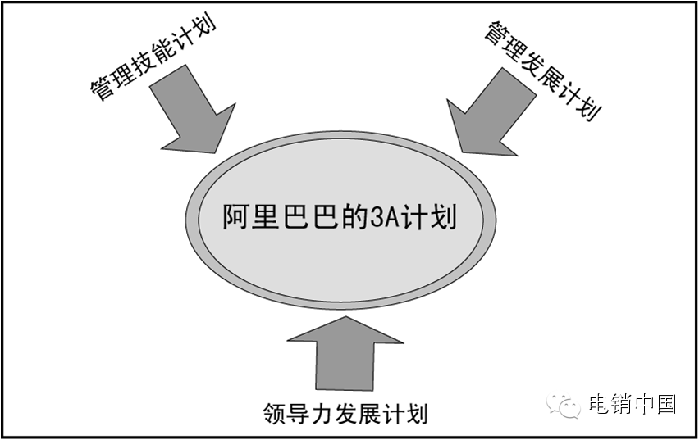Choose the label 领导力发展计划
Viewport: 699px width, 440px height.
pos(345,412)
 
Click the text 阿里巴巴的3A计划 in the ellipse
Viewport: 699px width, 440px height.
pos(340,218)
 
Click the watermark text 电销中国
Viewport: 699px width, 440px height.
pos(633,404)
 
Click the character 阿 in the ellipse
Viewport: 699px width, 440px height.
pos(238,219)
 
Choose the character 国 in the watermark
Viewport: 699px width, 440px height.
pos(665,404)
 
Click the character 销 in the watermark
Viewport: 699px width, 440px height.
pos(621,404)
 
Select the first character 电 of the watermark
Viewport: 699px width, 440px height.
pos(599,404)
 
